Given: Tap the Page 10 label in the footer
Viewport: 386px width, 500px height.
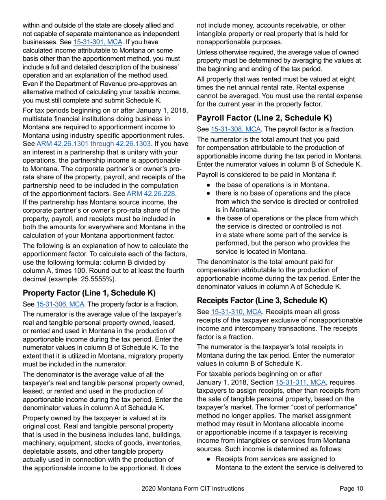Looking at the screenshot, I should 351,489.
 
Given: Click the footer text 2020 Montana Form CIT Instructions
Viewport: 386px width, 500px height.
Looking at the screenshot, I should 193,489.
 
